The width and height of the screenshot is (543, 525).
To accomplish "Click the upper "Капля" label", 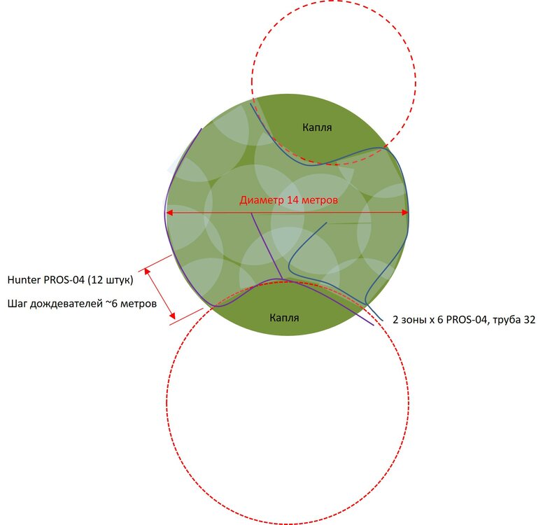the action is (317, 127).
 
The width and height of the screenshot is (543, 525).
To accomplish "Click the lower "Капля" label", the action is (284, 317).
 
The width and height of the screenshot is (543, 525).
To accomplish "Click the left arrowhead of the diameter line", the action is (169, 212).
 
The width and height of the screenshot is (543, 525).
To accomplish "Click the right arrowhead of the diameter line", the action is (405, 212).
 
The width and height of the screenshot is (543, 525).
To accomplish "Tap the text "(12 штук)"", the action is (111, 280).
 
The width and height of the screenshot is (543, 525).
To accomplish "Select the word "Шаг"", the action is (17, 304).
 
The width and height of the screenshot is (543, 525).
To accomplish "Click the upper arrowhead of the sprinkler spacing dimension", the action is (147, 271).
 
